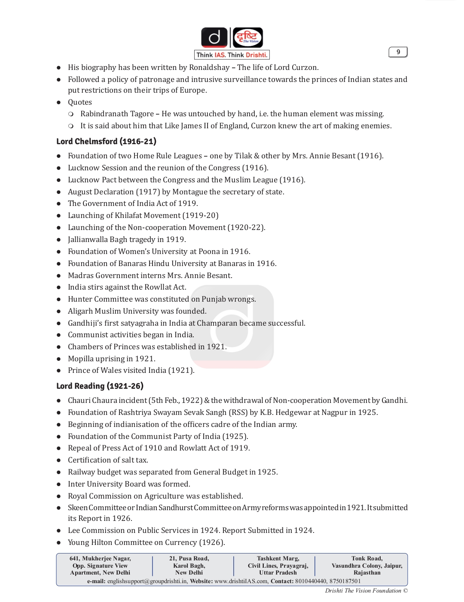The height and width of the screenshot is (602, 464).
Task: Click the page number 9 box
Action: tap(398, 52)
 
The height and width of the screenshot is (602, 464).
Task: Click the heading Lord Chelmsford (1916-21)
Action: tap(106, 141)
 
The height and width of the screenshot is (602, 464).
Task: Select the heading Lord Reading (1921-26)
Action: tap(100, 386)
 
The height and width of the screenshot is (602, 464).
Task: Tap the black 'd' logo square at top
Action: tap(214, 37)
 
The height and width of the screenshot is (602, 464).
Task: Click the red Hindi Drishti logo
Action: tap(247, 37)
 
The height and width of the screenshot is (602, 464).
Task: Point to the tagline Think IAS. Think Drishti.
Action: tap(232, 55)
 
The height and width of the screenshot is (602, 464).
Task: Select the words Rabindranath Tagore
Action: tap(117, 114)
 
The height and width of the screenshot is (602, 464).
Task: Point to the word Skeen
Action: tap(77, 508)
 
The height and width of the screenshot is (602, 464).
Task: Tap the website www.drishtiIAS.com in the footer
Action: tap(241, 581)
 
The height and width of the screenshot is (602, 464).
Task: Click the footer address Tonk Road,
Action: tap(366, 558)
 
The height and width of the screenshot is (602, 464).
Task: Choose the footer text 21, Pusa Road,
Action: tap(189, 558)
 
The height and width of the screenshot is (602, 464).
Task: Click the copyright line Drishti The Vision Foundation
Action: tap(363, 591)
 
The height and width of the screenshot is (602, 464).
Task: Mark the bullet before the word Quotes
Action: tap(59, 103)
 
